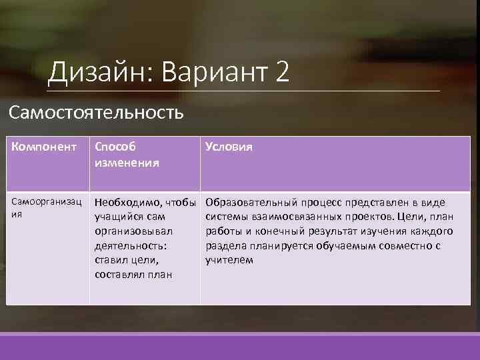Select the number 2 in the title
281,71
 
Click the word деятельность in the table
129,245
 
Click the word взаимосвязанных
296,217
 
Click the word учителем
230,260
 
